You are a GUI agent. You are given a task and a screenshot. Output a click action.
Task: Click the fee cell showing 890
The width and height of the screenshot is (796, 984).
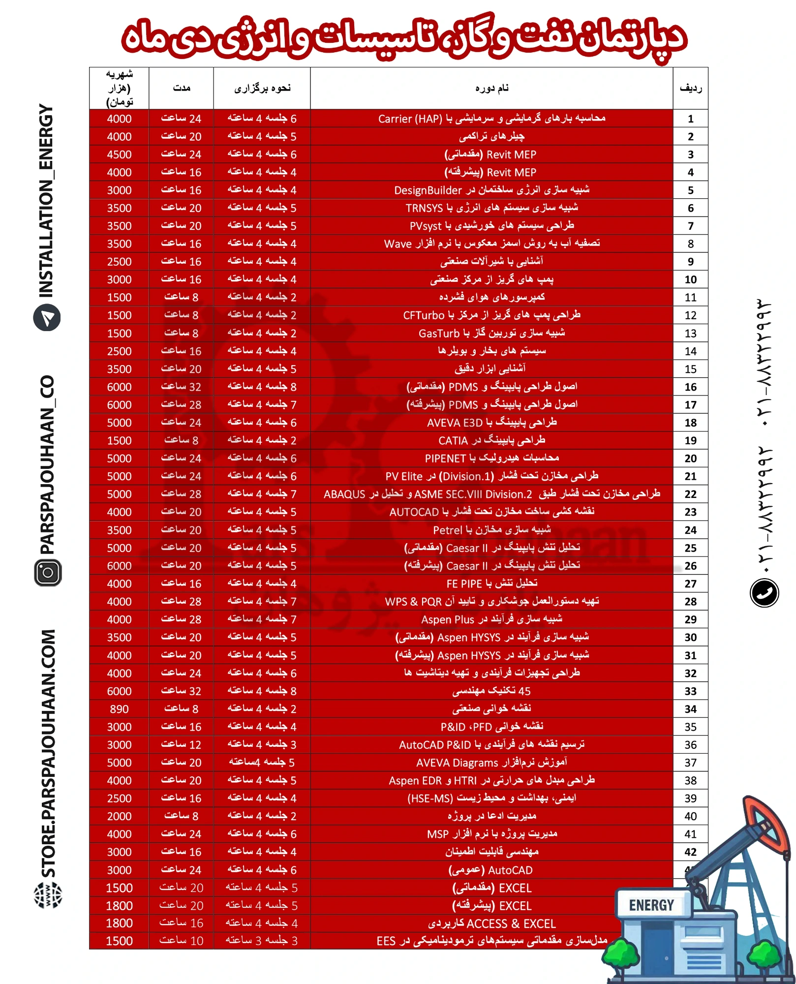click(119, 709)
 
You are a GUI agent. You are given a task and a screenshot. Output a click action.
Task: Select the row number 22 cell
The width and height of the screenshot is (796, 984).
click(690, 494)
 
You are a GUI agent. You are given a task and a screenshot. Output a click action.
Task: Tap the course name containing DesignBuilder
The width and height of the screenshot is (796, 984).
click(491, 190)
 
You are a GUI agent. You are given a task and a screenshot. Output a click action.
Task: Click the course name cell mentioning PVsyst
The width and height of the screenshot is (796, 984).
click(491, 226)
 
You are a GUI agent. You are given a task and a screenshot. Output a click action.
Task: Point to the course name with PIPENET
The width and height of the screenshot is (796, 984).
click(491, 459)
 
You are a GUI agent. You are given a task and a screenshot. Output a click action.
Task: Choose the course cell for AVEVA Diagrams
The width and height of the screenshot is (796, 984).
click(491, 763)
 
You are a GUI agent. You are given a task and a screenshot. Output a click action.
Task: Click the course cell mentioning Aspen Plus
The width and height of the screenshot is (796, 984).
click(491, 619)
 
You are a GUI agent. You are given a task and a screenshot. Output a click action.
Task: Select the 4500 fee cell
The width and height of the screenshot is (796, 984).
click(119, 154)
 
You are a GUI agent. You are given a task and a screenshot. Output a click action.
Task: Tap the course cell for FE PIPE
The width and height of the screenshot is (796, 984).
click(491, 584)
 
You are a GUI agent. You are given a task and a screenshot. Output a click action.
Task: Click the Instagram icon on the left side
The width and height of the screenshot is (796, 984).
click(48, 572)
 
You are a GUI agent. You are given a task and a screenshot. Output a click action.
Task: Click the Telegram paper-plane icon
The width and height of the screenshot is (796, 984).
click(47, 318)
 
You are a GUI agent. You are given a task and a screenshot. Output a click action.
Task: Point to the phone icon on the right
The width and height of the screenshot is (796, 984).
click(764, 592)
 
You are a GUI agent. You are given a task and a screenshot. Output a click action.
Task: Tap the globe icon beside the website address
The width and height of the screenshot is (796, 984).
click(48, 894)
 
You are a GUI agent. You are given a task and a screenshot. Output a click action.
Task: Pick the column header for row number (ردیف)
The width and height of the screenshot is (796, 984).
click(690, 88)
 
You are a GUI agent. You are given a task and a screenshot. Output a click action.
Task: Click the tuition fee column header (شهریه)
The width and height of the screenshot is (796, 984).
click(119, 88)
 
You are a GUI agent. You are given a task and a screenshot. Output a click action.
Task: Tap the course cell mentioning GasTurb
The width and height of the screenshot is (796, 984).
click(491, 333)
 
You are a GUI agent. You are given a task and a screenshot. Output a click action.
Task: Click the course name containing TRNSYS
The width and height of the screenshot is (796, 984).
click(491, 208)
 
